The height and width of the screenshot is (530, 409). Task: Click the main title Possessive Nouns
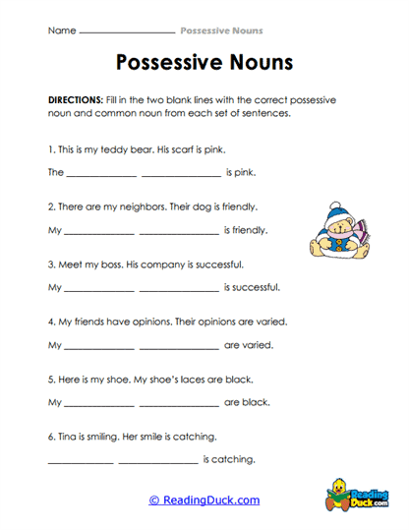point(204,64)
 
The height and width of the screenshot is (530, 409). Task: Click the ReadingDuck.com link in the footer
point(204,500)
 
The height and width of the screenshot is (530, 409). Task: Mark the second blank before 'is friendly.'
point(179,232)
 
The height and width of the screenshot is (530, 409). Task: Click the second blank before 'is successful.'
point(179,289)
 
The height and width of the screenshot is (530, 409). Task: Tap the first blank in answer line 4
point(98,346)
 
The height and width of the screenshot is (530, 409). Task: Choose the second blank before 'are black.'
point(179,403)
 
